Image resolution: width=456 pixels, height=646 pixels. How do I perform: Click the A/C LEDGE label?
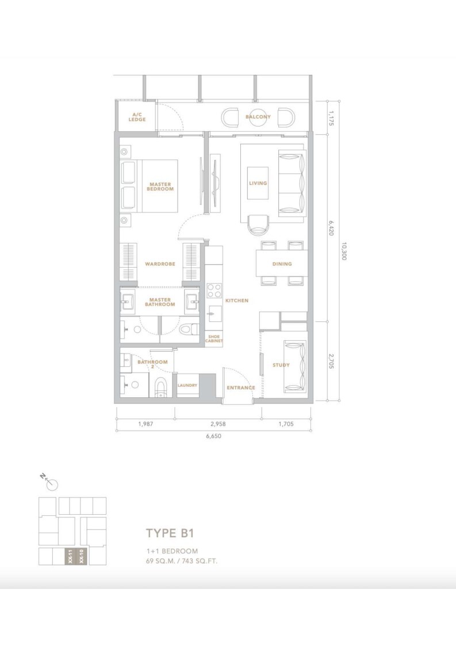(137, 117)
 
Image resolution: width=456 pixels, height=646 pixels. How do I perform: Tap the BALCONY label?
(258, 117)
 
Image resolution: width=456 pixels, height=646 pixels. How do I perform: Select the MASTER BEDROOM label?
(160, 187)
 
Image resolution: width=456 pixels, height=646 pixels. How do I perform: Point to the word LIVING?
(258, 183)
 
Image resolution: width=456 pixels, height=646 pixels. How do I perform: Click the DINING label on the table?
(282, 264)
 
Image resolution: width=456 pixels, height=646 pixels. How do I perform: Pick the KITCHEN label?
(237, 301)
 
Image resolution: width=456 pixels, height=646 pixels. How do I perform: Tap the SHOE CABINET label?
(214, 339)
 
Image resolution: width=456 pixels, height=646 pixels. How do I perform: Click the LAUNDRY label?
(187, 386)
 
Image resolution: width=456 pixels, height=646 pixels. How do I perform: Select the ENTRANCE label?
(241, 387)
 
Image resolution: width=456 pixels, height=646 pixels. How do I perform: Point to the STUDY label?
(281, 365)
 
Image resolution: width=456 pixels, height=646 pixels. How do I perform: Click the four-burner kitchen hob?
(214, 290)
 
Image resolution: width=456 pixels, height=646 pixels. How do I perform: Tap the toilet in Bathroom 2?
(160, 387)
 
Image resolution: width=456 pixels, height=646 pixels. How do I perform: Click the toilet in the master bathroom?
(189, 329)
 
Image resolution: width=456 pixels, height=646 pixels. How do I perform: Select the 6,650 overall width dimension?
(213, 436)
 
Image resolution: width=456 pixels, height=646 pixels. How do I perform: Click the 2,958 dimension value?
(218, 424)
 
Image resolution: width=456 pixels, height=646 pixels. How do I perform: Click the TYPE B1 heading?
(170, 533)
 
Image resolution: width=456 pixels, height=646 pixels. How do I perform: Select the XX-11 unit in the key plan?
(70, 557)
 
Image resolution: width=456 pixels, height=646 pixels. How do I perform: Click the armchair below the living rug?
(258, 225)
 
